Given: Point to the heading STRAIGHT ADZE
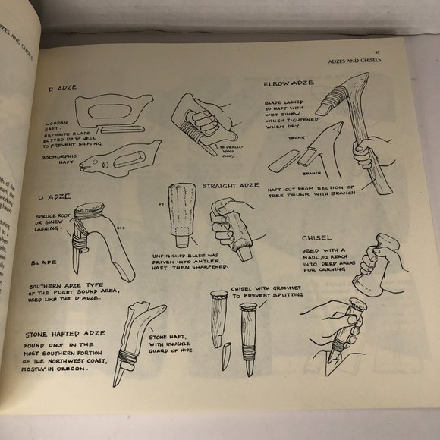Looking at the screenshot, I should point(232,187).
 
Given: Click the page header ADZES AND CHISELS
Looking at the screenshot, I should point(355,60).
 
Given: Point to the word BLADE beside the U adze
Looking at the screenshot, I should point(44,262).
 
